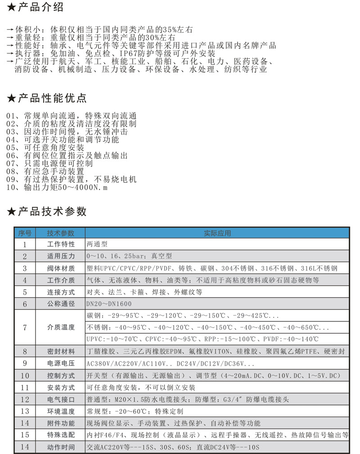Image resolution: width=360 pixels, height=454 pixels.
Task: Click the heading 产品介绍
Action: [x=41, y=8]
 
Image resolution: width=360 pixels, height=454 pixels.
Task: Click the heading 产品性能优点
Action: [x=52, y=98]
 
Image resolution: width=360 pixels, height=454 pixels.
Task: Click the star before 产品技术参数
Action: [x=11, y=212]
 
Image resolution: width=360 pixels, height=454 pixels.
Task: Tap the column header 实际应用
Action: [x=217, y=233]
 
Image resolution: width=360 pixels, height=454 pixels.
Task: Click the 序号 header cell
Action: [x=25, y=233]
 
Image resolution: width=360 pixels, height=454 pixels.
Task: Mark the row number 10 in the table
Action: [x=25, y=375]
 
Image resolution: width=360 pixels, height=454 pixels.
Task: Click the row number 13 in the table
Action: [x=25, y=411]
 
